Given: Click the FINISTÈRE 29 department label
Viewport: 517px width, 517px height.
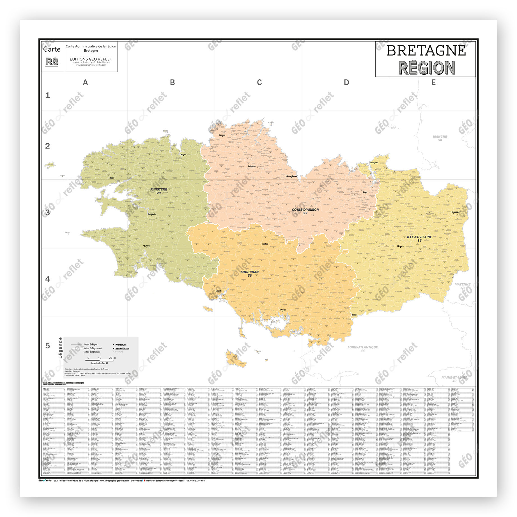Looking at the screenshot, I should coord(158,191).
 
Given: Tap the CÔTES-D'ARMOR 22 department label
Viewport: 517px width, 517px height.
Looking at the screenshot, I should coord(305,211).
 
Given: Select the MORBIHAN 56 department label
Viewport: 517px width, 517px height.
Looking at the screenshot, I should coord(250,274).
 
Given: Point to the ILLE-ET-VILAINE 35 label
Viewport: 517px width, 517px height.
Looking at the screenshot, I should coord(419,238).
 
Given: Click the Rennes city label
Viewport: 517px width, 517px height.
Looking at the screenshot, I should coord(400,246).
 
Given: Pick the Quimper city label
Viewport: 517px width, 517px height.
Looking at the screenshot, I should coord(147,246).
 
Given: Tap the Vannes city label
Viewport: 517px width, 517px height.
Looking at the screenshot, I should coord(283,310).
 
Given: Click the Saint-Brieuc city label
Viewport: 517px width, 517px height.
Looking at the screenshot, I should coord(292,176).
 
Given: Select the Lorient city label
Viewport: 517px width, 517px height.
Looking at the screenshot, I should coord(218,291).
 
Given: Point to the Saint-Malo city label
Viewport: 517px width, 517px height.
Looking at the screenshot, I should coord(374,162).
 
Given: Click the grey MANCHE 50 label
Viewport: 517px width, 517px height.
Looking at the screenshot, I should coord(440,138).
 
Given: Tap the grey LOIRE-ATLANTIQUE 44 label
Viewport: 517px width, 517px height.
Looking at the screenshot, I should coord(362,349).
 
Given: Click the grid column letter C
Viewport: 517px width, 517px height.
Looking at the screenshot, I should coord(259,82).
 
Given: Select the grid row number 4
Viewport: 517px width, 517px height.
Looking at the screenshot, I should coord(48,279).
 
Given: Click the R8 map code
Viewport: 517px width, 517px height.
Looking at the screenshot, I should coord(52,61).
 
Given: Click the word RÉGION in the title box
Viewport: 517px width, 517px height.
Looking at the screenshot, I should coord(426,68).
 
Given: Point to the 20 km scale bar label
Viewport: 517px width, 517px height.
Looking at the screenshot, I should coord(112,358).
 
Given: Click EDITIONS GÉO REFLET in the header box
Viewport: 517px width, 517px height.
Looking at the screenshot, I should coord(91,59).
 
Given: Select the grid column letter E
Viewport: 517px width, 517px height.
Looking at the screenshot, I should coord(433,82).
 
